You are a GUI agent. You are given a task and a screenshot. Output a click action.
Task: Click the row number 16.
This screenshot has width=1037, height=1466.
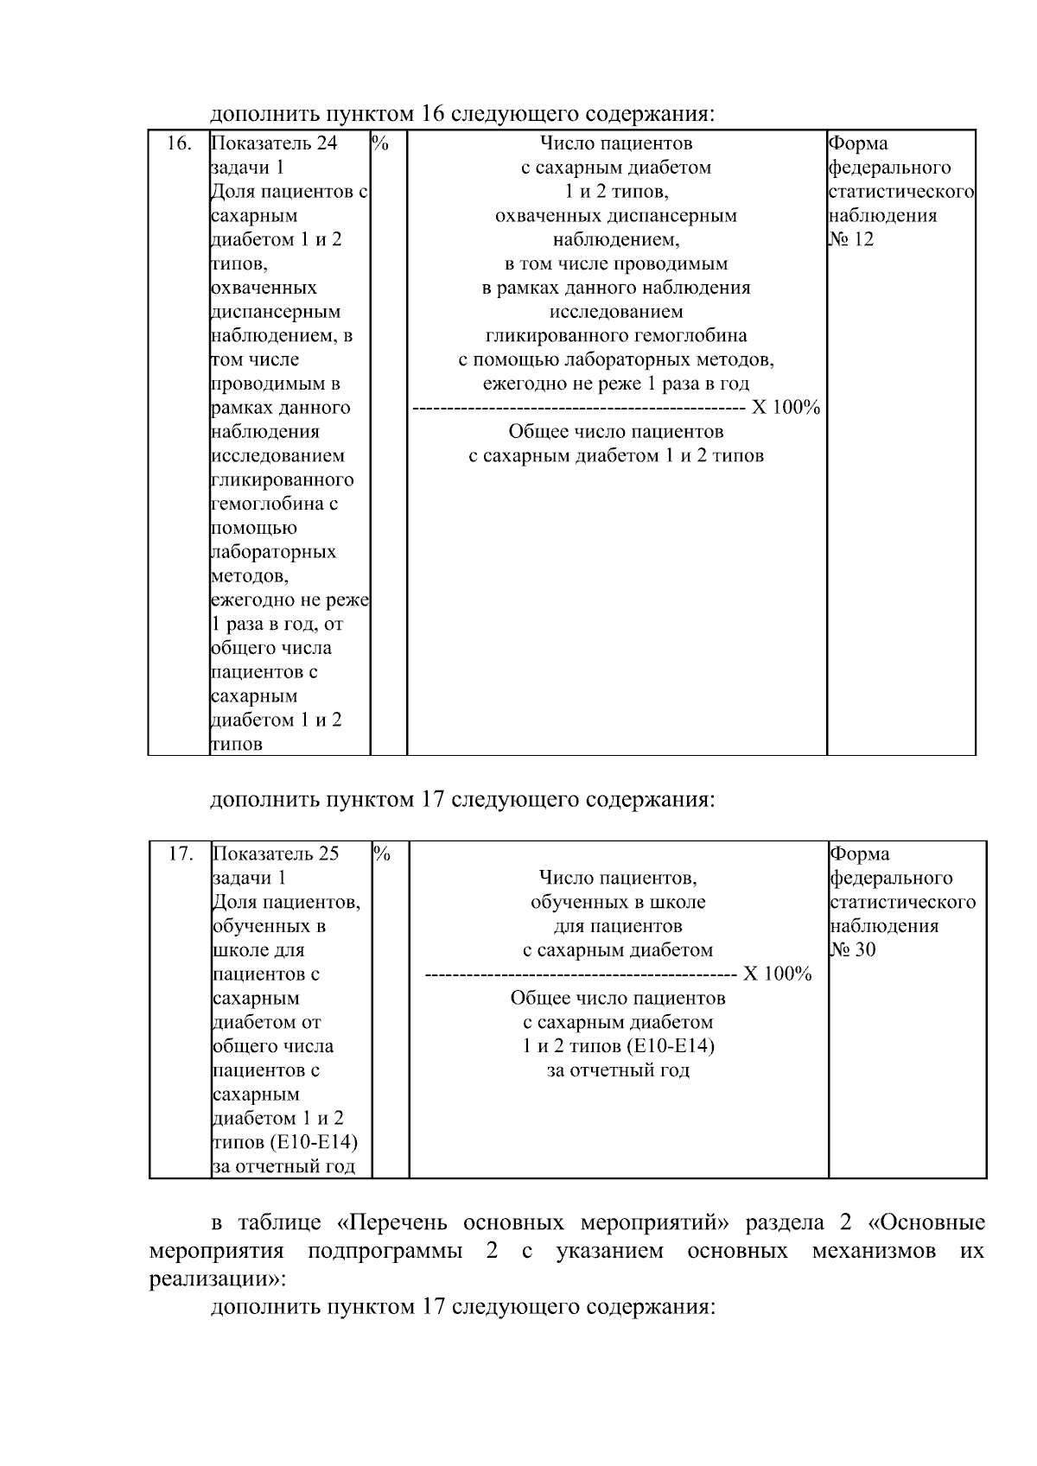[178, 143]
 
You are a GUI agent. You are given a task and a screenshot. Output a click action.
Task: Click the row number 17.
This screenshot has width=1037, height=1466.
[180, 854]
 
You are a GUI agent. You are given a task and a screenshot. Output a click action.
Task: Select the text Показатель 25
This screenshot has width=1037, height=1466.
[276, 854]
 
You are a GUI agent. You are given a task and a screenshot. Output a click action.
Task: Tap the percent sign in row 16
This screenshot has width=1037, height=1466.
[380, 143]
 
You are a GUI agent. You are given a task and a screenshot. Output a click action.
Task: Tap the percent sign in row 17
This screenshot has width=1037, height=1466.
[383, 854]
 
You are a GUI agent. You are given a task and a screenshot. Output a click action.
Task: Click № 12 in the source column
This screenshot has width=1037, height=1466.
[851, 239]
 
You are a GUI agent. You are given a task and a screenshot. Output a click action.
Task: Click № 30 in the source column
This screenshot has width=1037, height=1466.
[853, 950]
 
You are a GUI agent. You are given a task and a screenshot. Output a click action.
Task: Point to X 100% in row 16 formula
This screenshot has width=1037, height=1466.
[785, 408]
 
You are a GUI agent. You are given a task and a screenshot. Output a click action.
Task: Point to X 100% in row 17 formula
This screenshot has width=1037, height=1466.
[777, 974]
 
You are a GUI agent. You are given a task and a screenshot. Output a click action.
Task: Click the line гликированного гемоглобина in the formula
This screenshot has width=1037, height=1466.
[616, 335]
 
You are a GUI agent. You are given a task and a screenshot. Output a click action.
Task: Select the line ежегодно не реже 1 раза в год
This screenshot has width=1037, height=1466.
[616, 384]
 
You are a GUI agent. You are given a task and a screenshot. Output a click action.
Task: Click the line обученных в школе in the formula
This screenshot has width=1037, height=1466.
[618, 902]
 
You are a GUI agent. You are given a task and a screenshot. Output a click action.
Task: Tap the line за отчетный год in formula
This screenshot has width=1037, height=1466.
[618, 1070]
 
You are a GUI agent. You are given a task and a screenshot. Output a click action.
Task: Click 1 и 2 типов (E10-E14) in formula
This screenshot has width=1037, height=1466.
[618, 1046]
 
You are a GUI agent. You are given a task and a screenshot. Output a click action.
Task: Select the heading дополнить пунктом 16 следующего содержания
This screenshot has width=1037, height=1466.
[462, 114]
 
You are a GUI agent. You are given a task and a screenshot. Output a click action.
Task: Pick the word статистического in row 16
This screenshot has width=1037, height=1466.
[901, 192]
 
